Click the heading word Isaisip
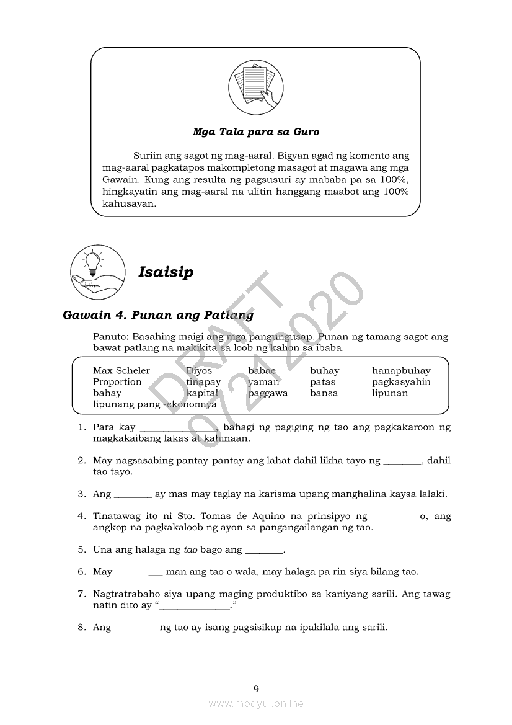pyautogui.click(x=166, y=272)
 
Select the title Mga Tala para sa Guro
pyautogui.click(x=255, y=132)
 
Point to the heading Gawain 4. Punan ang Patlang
pyautogui.click(x=158, y=315)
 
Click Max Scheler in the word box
pyautogui.click(x=121, y=371)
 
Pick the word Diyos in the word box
pyautogui.click(x=199, y=371)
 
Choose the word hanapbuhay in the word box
pyautogui.click(x=401, y=371)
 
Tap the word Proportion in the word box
pyautogui.click(x=117, y=382)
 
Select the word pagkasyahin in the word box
pyautogui.click(x=401, y=382)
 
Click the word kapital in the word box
pyautogui.click(x=202, y=393)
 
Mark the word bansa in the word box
pyautogui.click(x=324, y=393)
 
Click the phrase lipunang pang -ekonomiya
pyautogui.click(x=154, y=404)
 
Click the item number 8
pyautogui.click(x=81, y=627)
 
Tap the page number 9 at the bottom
pyautogui.click(x=256, y=688)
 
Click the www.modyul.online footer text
pyautogui.click(x=256, y=703)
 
